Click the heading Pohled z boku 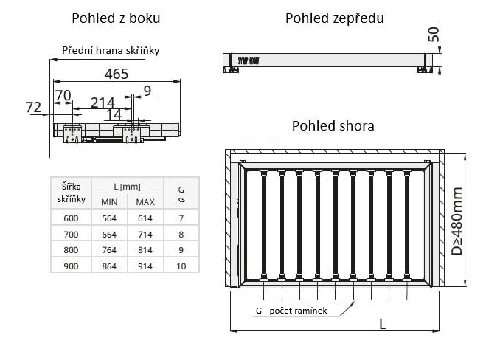117,18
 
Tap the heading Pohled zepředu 334,18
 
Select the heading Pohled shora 333,125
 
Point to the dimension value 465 117,73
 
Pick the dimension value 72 32,108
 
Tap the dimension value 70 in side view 63,94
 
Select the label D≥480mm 458,219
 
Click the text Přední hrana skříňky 111,50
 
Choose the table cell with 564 109,218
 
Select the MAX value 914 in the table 145,266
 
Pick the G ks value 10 181,266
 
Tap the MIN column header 109,201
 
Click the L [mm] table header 127,186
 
